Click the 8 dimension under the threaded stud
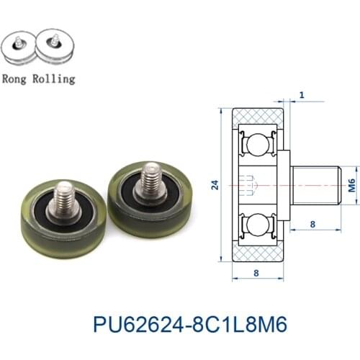(312, 224)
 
